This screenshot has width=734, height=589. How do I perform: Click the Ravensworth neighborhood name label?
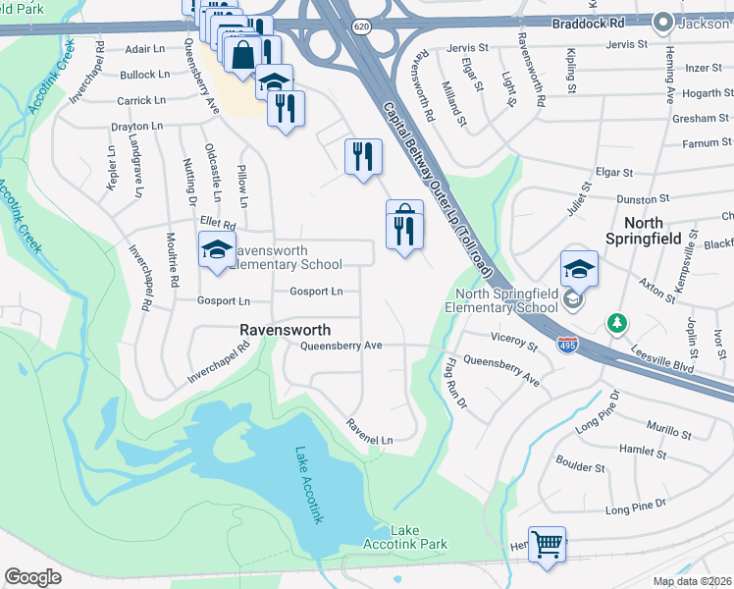point(286,330)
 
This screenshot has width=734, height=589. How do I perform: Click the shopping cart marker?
point(548,543)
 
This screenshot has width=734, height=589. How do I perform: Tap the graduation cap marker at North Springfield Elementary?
point(579,268)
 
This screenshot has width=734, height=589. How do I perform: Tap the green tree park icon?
point(616,322)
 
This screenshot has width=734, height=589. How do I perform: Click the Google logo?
point(33,576)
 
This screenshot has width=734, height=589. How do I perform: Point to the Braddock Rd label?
point(559,22)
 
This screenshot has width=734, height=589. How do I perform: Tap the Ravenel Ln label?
point(369,432)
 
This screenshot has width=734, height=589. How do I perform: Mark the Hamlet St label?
point(642,452)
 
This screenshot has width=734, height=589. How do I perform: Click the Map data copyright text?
point(693,581)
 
